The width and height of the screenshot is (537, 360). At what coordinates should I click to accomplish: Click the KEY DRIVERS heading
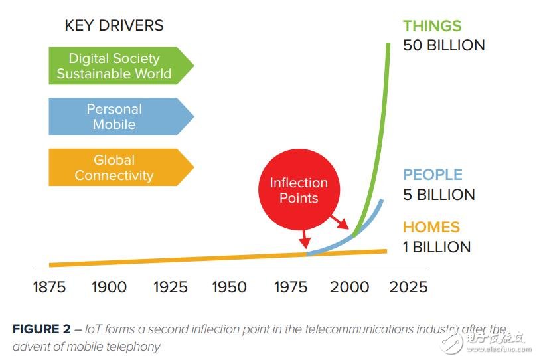(114, 26)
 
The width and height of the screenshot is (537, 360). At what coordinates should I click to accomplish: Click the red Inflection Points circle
(299, 191)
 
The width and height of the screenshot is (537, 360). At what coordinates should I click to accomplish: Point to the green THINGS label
(432, 26)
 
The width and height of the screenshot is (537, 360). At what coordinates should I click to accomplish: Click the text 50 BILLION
(443, 45)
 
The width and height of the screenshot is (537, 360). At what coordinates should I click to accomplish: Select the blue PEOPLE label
(433, 175)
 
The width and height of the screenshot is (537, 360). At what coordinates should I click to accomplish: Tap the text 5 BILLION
(439, 195)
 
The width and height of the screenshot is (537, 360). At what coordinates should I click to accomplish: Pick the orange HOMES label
(431, 227)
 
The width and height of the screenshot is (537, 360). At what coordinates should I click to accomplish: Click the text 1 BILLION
(437, 247)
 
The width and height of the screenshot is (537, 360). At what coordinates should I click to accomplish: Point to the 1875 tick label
(50, 287)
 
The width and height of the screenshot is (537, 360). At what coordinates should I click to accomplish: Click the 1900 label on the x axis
(109, 287)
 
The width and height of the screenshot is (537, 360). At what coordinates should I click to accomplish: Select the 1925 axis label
(170, 287)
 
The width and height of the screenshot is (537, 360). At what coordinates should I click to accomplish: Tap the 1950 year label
(230, 287)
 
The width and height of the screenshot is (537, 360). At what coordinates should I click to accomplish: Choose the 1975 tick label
(289, 287)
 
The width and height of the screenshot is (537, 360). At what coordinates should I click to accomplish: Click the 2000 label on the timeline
(349, 287)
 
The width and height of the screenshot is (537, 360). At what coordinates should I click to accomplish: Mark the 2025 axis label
(408, 287)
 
